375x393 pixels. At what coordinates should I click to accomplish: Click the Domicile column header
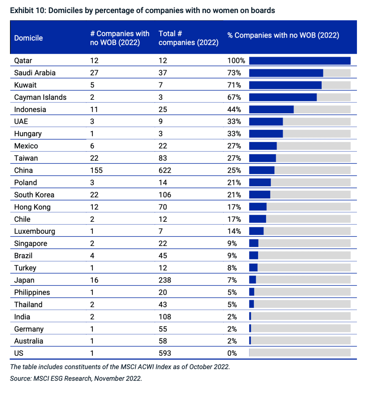(28, 38)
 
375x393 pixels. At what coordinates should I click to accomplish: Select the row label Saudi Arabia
(35, 73)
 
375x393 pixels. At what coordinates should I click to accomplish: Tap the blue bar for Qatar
(299, 61)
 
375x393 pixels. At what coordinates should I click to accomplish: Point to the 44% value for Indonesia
(234, 109)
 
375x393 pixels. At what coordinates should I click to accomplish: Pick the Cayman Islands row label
(40, 97)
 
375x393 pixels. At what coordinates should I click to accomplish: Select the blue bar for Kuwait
(285, 85)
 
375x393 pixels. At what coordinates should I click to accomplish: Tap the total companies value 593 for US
(166, 353)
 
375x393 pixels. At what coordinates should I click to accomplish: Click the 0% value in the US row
(232, 353)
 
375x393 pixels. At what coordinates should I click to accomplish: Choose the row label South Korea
(34, 195)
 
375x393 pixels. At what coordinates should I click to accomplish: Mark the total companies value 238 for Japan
(166, 280)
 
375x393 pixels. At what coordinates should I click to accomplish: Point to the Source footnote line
(76, 378)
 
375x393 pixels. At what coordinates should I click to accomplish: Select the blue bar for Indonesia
(271, 109)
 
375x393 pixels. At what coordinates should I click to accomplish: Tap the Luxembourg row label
(35, 231)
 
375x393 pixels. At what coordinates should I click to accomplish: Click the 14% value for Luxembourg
(234, 231)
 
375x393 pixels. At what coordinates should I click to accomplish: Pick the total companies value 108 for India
(166, 317)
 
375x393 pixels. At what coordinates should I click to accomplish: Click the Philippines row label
(32, 292)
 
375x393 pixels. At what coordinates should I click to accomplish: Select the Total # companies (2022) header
(188, 38)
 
